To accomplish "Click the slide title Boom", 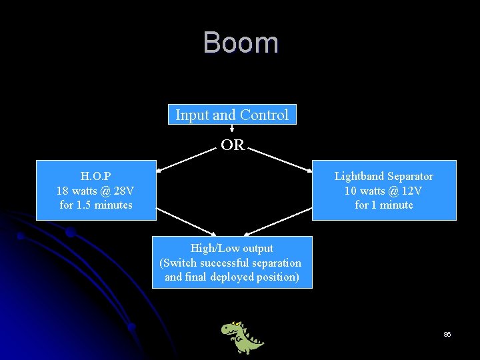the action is coord(241,43).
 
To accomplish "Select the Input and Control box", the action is coord(232,115).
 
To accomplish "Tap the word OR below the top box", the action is coord(233,145).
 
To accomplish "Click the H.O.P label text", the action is coord(95,177).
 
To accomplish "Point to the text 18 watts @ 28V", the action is coord(95,191).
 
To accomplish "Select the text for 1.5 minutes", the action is coord(95,205).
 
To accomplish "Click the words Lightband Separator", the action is coord(383,177).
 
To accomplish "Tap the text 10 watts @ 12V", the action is coord(383,191).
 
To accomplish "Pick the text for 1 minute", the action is coord(383,205).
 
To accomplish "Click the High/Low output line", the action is coord(232,248).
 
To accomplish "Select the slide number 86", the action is coord(447,334).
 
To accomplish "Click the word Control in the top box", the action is coord(264,115).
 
